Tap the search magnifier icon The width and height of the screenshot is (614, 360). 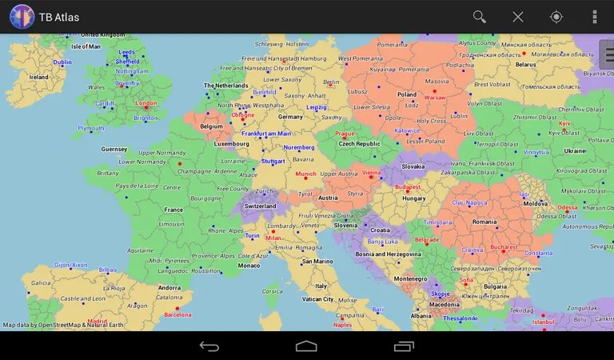click(x=480, y=17)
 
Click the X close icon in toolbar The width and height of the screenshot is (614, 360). click(x=518, y=17)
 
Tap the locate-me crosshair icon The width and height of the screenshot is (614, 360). click(x=556, y=17)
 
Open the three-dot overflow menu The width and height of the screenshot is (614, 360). click(x=594, y=17)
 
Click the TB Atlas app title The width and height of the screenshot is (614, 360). click(x=59, y=17)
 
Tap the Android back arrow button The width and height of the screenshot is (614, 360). click(x=209, y=346)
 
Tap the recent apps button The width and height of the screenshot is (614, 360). click(x=404, y=346)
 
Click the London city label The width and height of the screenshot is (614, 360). click(x=146, y=103)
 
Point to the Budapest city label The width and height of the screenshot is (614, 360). click(x=408, y=187)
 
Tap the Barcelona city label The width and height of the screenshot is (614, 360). click(x=177, y=314)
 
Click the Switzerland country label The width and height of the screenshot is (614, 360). click(x=260, y=206)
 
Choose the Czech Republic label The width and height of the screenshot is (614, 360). click(x=359, y=144)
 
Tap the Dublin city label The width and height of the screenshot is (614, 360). click(x=62, y=62)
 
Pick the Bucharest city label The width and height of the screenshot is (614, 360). click(x=504, y=247)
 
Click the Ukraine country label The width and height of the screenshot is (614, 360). click(x=575, y=150)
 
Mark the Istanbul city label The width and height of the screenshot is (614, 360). click(x=543, y=322)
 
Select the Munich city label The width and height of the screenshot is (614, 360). click(x=306, y=174)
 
